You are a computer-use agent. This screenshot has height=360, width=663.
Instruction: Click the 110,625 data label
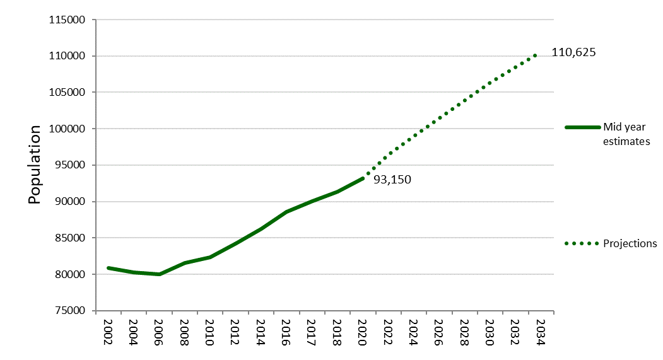point(573,52)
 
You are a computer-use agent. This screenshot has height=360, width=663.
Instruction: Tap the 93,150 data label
point(392,180)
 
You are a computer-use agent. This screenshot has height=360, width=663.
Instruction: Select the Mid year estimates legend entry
point(626,134)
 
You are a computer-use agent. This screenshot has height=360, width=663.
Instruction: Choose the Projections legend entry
point(630,243)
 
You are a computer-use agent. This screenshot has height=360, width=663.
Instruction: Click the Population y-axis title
point(35,165)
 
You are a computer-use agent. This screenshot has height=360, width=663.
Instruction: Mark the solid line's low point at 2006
point(159,274)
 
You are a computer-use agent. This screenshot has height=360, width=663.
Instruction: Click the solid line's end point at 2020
point(363,178)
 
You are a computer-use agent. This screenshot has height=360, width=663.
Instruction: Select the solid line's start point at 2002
point(109,268)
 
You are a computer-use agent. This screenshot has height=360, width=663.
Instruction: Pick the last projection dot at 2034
point(535,55)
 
